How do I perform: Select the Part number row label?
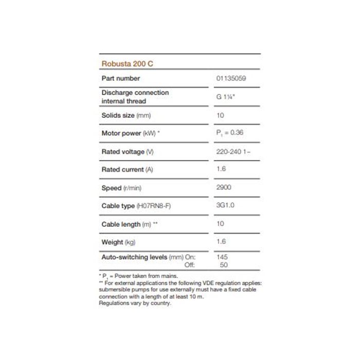pyautogui.click(x=121, y=79)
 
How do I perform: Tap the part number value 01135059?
pyautogui.click(x=231, y=79)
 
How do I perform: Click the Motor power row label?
pyautogui.click(x=131, y=133)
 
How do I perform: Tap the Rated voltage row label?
pyautogui.click(x=128, y=152)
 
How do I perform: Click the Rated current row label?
pyautogui.click(x=127, y=169)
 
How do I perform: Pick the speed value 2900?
pyautogui.click(x=224, y=188)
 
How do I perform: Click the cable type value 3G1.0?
pyautogui.click(x=225, y=206)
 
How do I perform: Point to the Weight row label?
pyautogui.click(x=118, y=242)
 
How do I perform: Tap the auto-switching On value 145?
pyautogui.click(x=223, y=257)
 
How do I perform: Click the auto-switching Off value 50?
pyautogui.click(x=223, y=265)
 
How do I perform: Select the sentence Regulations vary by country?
pyautogui.click(x=135, y=303)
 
